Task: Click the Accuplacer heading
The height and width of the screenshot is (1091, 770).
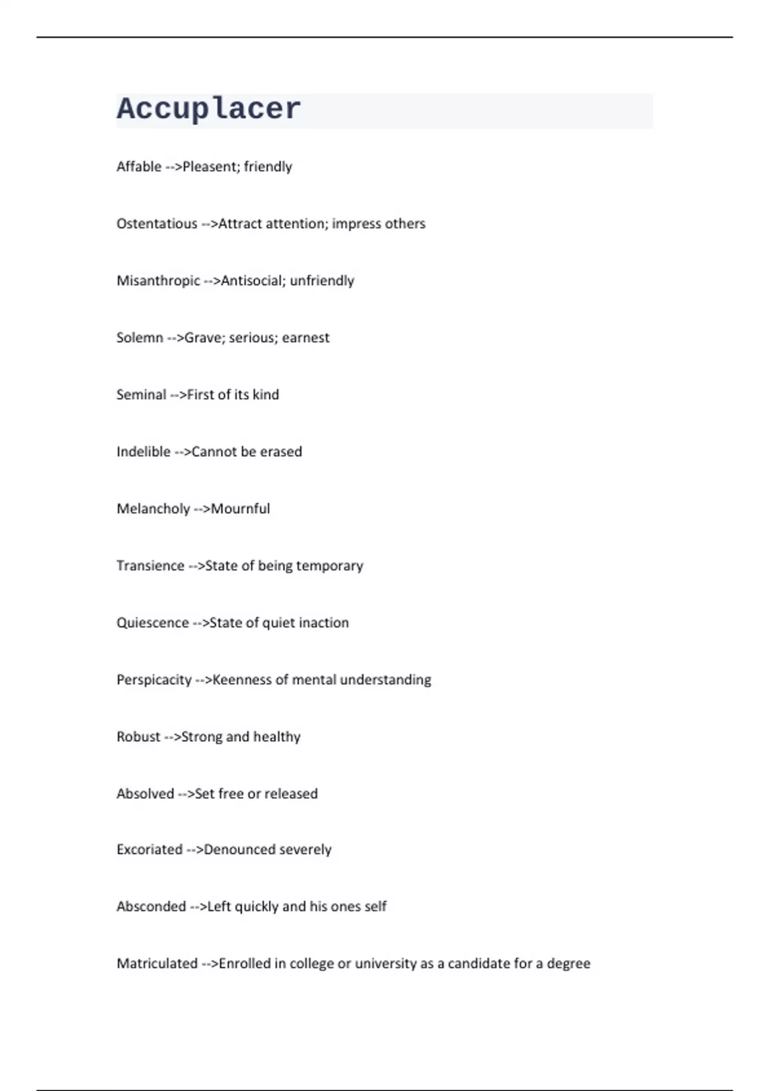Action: pos(209,109)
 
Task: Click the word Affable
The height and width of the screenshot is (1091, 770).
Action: pos(139,167)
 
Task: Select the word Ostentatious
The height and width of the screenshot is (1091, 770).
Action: pos(157,224)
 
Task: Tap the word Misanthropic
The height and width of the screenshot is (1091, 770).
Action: pos(158,281)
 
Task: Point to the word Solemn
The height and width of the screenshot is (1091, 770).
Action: pos(139,338)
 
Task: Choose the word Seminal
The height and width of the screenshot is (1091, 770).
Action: pos(141,395)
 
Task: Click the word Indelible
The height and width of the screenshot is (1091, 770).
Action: pos(143,452)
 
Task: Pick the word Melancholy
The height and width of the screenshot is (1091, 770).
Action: pos(153,509)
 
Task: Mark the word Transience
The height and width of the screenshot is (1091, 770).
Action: pos(150,566)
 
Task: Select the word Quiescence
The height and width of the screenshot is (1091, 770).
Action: pos(152,623)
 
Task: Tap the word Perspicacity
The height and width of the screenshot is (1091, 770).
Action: pos(154,680)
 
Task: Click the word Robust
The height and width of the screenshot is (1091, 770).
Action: pos(138,737)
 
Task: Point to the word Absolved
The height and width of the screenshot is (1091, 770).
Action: pos(145,794)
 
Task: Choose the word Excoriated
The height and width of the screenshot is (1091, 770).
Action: pos(150,850)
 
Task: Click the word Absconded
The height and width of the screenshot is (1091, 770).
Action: pos(151,907)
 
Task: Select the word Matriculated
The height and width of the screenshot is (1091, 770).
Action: pos(157,963)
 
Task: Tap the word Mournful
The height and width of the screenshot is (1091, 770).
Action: pos(241,509)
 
